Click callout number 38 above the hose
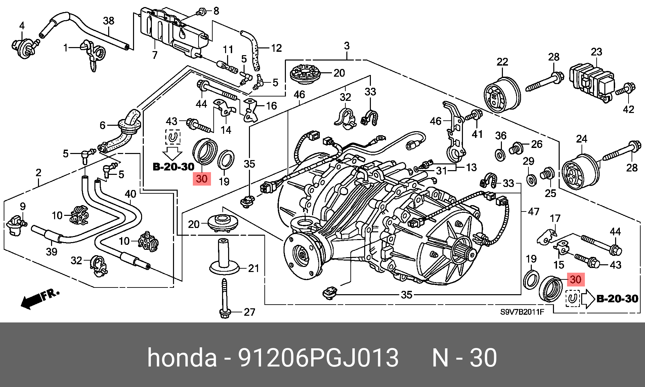coord(108,21)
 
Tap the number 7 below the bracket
coord(155,55)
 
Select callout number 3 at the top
coord(347,46)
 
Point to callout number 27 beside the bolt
coord(249,312)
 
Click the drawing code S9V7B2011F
coord(522,312)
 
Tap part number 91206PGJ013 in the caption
coord(318,357)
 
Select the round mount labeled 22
coord(502,93)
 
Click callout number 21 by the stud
coord(254,268)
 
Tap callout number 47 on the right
coord(533,211)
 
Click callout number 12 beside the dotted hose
coord(276,48)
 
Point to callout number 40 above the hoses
coord(130,194)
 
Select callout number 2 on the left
coord(38,173)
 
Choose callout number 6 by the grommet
coord(102,125)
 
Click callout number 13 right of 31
coord(471,167)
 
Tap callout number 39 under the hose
coord(51,251)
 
